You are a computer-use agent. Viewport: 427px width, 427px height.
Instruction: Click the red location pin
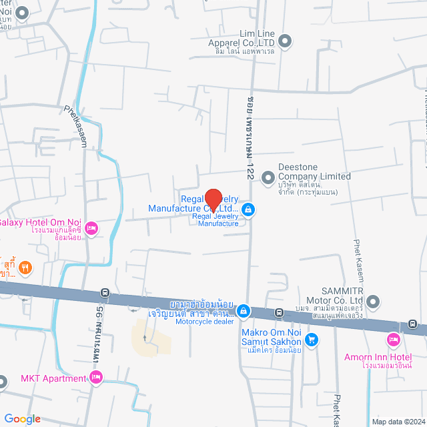tap(213, 199)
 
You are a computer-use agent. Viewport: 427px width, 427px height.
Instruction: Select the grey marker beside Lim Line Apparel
tap(285, 41)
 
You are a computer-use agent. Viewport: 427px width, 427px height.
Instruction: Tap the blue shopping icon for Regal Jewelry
tap(248, 210)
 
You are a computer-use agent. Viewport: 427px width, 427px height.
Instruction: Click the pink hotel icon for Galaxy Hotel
tap(93, 229)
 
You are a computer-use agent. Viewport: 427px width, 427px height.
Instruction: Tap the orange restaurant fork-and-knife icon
tap(25, 268)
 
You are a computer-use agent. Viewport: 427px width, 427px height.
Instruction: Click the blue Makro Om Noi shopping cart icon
tap(312, 339)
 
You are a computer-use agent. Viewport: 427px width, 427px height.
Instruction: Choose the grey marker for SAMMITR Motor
tap(373, 302)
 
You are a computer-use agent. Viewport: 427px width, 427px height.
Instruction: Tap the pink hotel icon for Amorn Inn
tap(394, 341)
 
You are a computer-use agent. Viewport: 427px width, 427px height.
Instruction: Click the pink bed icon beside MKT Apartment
tap(96, 378)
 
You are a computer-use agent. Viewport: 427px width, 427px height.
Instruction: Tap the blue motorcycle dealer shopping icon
tap(245, 310)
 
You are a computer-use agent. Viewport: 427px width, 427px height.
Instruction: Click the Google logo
tap(21, 418)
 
